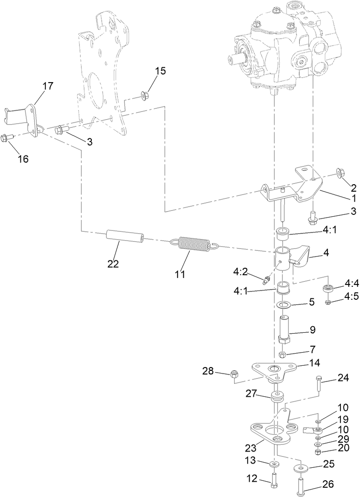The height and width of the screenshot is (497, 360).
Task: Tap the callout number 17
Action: tap(48, 86)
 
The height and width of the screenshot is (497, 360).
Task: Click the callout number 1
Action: tap(354, 197)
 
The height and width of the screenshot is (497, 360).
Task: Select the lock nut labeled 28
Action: tap(234, 374)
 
